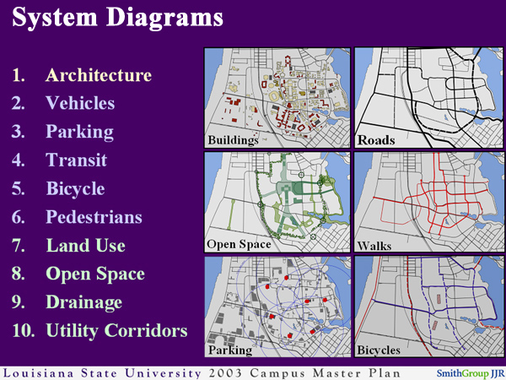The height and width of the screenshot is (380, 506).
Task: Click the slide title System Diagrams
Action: tap(118, 18)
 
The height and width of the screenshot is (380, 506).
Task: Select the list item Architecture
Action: tap(99, 75)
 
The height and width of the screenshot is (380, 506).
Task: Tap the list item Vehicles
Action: tap(80, 104)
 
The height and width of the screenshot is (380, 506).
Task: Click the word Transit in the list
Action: tap(76, 160)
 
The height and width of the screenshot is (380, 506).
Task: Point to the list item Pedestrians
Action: tap(94, 217)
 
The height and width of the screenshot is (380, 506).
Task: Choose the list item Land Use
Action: tap(85, 246)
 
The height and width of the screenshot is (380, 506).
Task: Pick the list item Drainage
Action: tap(83, 302)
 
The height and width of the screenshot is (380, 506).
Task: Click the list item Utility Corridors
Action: tap(116, 330)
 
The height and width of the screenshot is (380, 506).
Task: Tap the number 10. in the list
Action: tap(24, 330)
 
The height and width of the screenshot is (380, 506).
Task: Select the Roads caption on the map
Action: tap(376, 140)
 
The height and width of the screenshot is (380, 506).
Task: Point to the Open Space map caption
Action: tap(240, 245)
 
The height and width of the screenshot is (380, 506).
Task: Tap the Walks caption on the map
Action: tap(375, 245)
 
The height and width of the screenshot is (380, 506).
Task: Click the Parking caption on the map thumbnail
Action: tap(230, 349)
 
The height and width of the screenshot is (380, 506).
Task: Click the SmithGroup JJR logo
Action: tap(470, 372)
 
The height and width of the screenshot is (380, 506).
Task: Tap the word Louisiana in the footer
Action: tap(39, 372)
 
